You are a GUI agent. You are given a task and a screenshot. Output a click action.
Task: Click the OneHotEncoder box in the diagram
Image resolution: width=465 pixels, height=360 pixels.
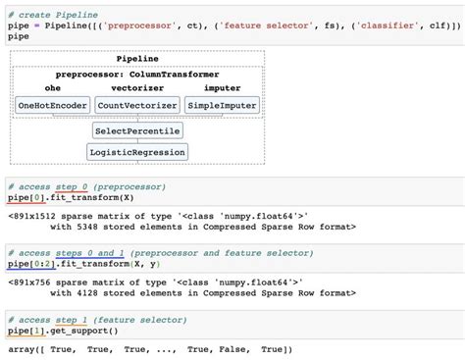pos(53,105)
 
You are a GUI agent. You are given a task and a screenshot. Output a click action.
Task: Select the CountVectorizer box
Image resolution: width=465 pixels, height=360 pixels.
pos(137,105)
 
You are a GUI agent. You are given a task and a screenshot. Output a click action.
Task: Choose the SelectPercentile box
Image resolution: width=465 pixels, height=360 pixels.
pos(137,129)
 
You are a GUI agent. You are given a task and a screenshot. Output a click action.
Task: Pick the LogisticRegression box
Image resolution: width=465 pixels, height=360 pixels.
pos(137,152)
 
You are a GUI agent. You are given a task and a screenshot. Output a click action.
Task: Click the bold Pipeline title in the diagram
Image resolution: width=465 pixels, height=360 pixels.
pos(136,59)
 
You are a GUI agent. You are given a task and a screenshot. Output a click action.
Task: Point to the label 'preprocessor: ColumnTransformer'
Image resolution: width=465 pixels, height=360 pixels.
pos(136,75)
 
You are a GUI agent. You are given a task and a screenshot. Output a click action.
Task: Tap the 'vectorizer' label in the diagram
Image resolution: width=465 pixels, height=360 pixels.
pos(137,88)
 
